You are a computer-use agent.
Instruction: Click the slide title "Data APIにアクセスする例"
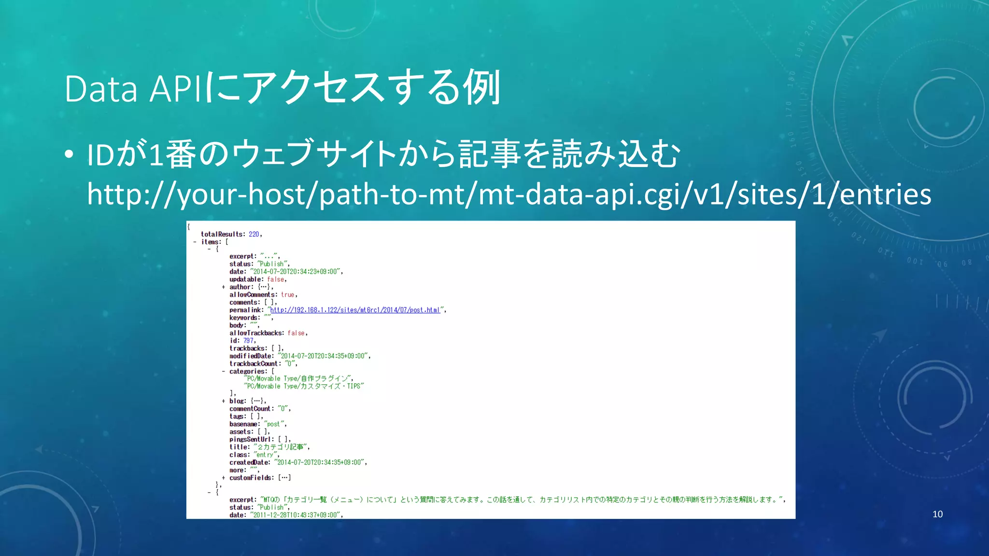(283, 88)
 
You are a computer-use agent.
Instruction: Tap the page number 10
(937, 514)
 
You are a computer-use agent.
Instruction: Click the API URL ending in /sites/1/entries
(509, 194)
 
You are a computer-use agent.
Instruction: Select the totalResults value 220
(254, 234)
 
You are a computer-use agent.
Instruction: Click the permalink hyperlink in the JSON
(355, 310)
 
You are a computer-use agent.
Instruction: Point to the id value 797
(248, 341)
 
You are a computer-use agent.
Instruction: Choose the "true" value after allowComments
(287, 295)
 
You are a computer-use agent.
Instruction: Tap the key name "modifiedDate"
(251, 356)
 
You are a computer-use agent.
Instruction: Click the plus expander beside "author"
(223, 287)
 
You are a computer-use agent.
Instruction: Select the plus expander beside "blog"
(223, 401)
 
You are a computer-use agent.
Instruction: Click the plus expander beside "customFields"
(223, 478)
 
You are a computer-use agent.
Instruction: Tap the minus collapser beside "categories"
(223, 372)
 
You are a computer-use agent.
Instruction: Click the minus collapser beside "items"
(195, 242)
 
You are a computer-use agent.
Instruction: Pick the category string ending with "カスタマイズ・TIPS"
(304, 386)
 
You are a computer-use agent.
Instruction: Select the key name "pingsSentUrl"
(250, 439)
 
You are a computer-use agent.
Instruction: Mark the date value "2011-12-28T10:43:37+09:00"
(296, 515)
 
